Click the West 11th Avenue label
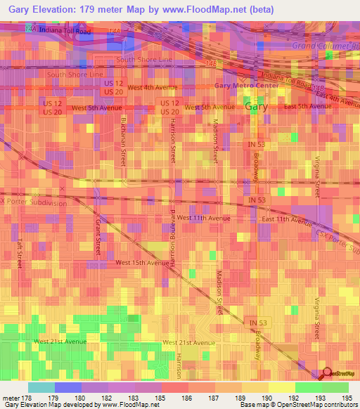pyautogui.click(x=203, y=218)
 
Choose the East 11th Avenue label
pyautogui.click(x=286, y=220)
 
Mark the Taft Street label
pyautogui.click(x=20, y=252)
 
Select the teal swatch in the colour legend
pyautogui.click(x=41, y=387)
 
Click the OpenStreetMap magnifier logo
pyautogui.click(x=327, y=373)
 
